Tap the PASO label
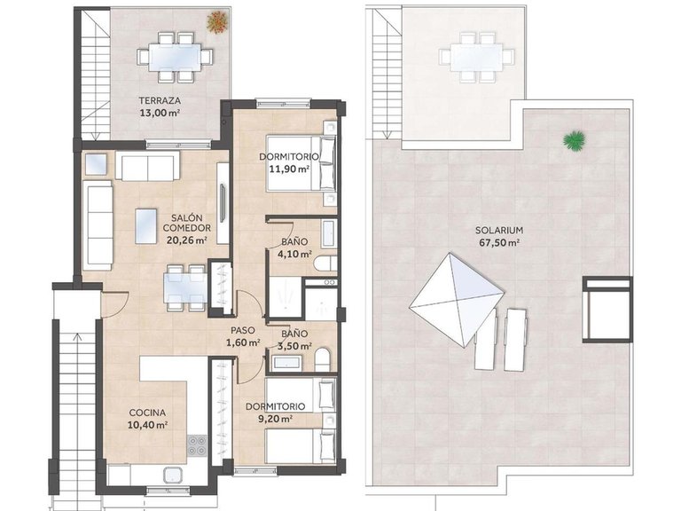click(244, 330)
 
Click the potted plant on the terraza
click(216, 20)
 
